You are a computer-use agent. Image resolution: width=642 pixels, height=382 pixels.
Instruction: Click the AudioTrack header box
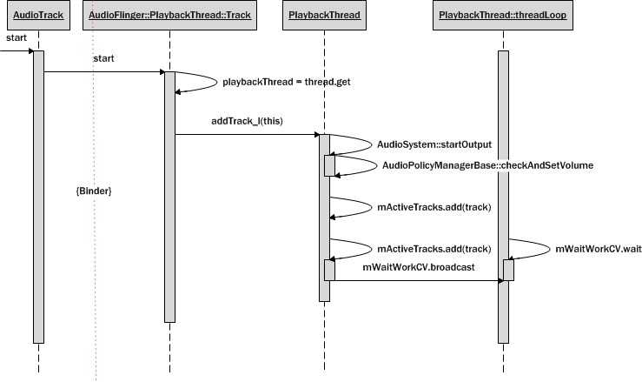point(38,17)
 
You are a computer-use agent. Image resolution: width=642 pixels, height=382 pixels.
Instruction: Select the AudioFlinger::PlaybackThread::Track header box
point(169,17)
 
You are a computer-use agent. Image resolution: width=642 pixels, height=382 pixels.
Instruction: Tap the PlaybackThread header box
point(323,17)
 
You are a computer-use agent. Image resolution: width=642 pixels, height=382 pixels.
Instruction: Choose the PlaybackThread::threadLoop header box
point(503,17)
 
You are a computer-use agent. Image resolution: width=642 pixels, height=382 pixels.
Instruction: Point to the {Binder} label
point(94,189)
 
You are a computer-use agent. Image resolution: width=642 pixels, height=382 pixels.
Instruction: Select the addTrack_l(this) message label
point(245,120)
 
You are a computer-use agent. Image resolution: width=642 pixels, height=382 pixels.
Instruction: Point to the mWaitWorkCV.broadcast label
point(418,268)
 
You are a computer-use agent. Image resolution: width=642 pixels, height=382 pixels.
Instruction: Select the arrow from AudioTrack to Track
point(104,72)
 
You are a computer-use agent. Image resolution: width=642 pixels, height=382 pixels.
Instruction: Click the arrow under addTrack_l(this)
point(247,135)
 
